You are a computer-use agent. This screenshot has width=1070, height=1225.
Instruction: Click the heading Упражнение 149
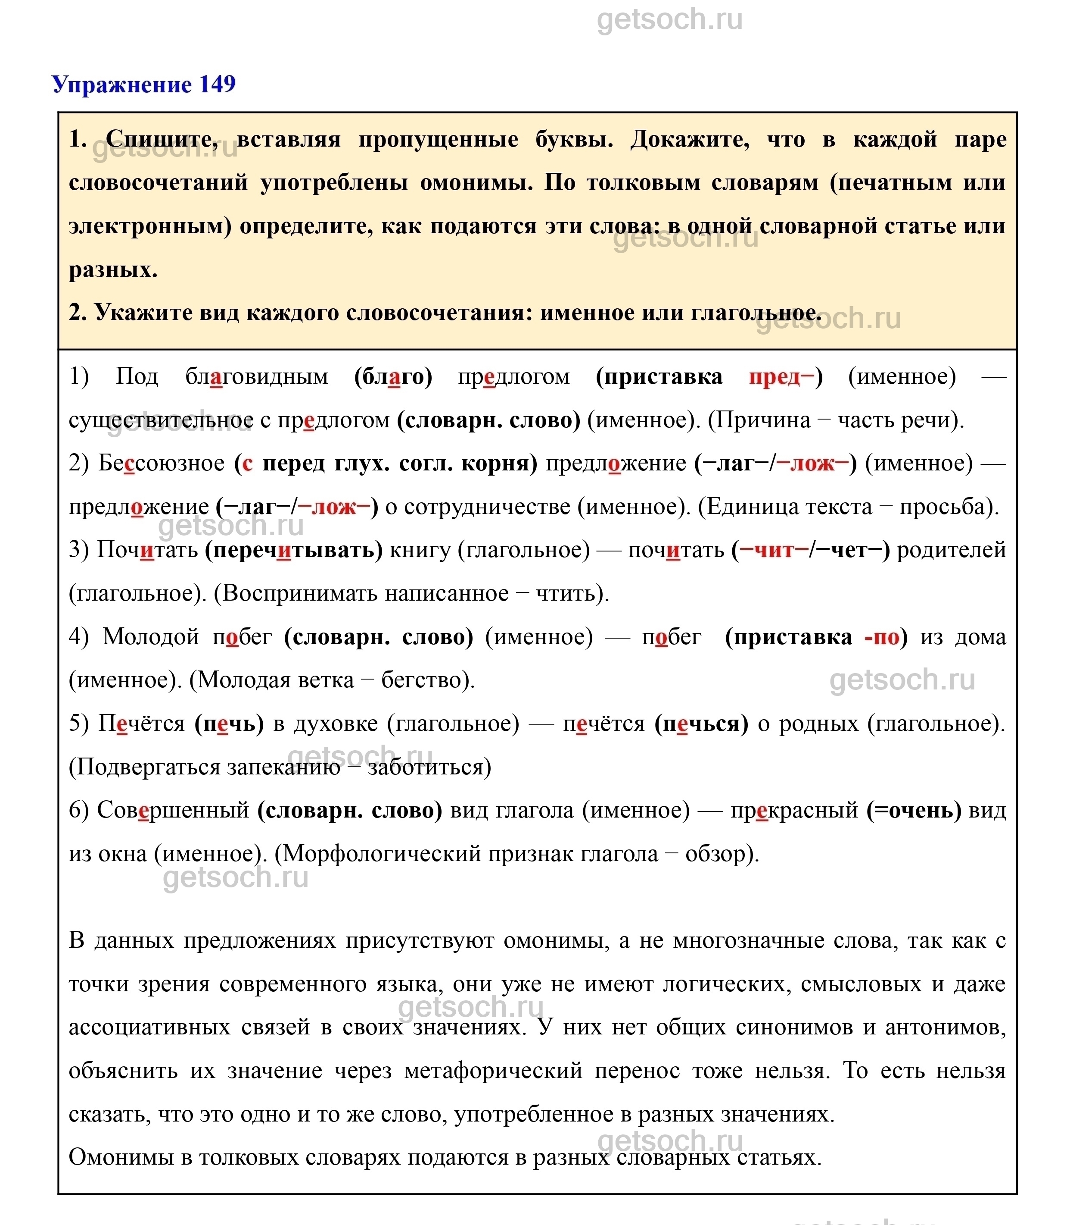pyautogui.click(x=144, y=84)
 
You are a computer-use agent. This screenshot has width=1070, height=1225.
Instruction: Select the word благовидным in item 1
pyautogui.click(x=257, y=376)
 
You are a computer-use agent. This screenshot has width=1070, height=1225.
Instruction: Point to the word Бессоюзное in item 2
pyautogui.click(x=161, y=463)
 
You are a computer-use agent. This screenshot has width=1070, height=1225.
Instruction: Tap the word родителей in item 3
pyautogui.click(x=951, y=549)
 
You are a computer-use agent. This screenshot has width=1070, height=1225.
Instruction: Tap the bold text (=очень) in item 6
pyautogui.click(x=914, y=810)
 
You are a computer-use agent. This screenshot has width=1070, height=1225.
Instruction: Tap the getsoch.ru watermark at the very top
pyautogui.click(x=669, y=20)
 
